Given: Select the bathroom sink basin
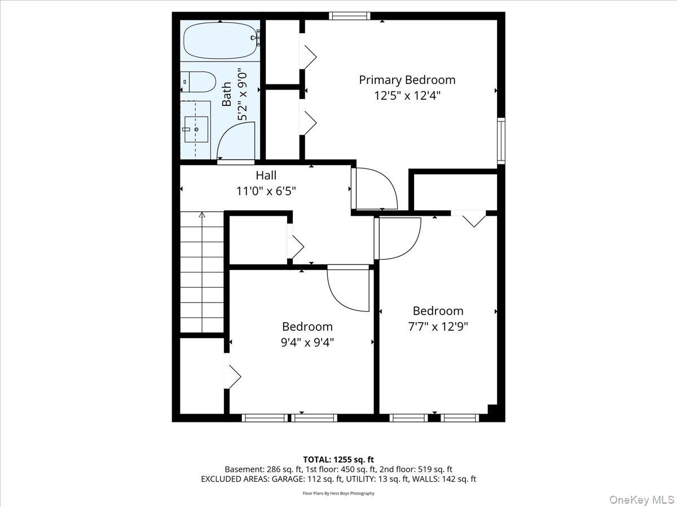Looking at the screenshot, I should tap(196, 129).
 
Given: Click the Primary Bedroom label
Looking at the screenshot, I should tap(407, 80).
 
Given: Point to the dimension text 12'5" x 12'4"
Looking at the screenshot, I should tap(407, 96).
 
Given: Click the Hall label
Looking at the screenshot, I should tap(266, 175).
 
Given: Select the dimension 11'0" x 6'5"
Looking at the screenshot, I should tap(266, 191).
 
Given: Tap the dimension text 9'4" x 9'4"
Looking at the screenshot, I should tap(307, 342).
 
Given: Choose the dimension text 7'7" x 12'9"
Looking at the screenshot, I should tap(438, 326).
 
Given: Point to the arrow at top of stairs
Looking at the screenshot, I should tap(202, 215).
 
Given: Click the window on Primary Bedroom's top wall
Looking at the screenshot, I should tap(350, 16).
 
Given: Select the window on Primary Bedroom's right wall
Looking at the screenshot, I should tap(500, 141).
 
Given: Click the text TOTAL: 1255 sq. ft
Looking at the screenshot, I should tap(338, 460).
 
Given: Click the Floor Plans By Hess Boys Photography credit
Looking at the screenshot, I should tap(338, 493).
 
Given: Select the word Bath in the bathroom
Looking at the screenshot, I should tap(227, 95).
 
